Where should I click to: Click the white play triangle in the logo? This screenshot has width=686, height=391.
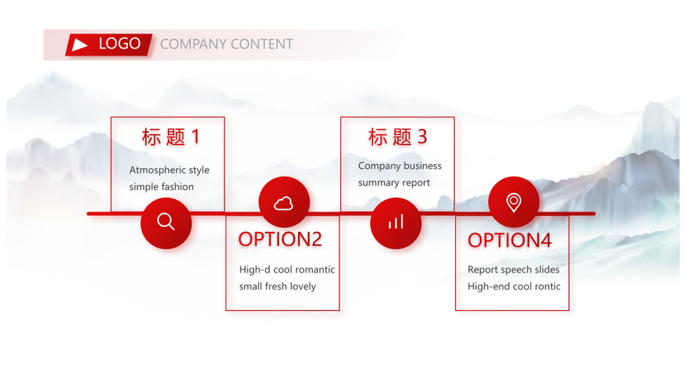click(x=79, y=44)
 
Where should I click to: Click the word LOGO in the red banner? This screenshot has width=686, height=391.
click(x=119, y=44)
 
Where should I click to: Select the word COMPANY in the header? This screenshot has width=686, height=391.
click(x=194, y=44)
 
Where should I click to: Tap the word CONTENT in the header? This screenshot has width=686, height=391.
click(x=262, y=44)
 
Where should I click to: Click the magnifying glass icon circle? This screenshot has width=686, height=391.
click(x=166, y=223)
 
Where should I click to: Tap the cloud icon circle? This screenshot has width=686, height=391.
click(x=284, y=202)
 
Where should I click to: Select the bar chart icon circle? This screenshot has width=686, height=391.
click(x=396, y=223)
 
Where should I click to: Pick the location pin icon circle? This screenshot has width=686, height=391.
click(x=514, y=202)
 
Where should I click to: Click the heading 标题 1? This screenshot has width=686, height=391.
click(x=171, y=137)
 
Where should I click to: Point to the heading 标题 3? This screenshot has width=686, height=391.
click(x=398, y=137)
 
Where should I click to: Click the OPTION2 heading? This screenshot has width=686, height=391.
click(x=280, y=240)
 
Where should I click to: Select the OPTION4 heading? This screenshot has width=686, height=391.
click(x=509, y=240)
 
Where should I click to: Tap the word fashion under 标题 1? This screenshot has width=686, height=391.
click(x=177, y=186)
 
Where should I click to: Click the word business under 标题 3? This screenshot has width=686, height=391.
click(x=422, y=166)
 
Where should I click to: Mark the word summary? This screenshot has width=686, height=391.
click(x=377, y=183)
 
